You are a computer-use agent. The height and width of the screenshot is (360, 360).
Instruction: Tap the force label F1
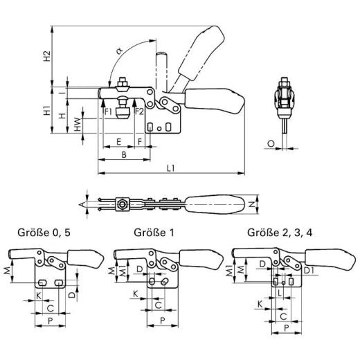coord(108,110)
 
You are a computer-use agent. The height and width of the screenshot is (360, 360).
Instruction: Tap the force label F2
coord(138,110)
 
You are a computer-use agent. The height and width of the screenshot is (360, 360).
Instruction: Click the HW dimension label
coord(78,123)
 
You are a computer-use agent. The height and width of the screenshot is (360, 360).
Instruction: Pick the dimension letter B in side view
coord(123,155)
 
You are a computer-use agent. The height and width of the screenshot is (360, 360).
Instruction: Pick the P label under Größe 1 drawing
coord(161,320)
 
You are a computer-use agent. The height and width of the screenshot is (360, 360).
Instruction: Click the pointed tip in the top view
coord(82,204)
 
